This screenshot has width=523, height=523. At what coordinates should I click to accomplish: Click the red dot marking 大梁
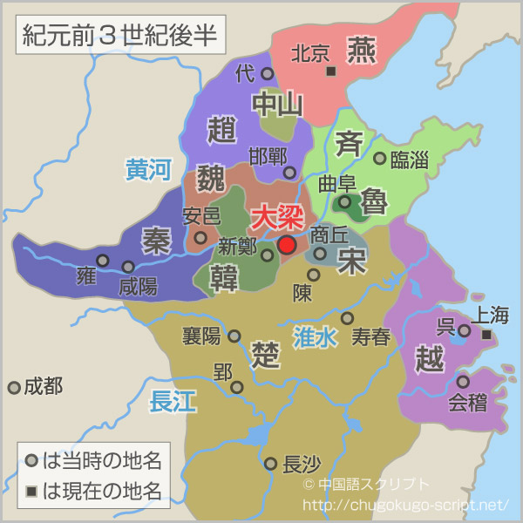287,245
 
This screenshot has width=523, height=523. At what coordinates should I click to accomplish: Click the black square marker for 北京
330,71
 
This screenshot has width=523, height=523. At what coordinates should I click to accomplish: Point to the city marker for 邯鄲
294,171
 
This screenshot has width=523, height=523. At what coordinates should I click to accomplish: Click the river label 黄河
147,168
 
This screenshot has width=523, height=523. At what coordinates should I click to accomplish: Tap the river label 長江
173,401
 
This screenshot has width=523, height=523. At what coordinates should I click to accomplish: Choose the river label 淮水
315,336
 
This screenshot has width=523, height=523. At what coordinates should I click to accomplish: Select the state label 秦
156,242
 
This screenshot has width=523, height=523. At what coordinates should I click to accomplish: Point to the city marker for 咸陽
128,267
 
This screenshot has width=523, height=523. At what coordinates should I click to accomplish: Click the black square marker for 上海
487,334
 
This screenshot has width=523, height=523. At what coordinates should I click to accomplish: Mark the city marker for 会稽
463,382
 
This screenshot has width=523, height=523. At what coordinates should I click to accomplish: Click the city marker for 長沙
271,464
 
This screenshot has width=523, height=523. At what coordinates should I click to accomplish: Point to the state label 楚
264,353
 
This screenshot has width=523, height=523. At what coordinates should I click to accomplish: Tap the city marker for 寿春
348,318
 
